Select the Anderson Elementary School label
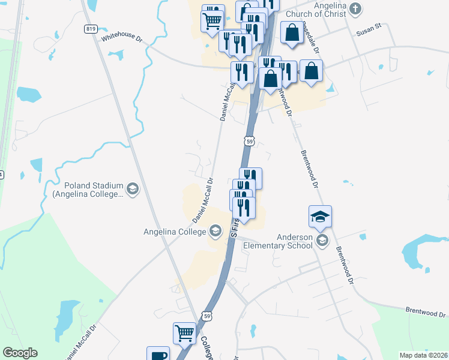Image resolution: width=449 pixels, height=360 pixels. pyautogui.click(x=295, y=241)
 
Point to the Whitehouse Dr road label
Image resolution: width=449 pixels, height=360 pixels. pyautogui.click(x=122, y=38)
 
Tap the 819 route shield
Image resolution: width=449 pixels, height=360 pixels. pyautogui.click(x=91, y=29)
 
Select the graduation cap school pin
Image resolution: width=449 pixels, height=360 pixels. pyautogui.click(x=321, y=217)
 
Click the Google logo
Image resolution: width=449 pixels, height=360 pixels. pyautogui.click(x=20, y=353)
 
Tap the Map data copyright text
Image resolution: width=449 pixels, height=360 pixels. pyautogui.click(x=424, y=355)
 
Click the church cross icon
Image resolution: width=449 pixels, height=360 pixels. pyautogui.click(x=356, y=9)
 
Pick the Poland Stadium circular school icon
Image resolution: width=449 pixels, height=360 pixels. pyautogui.click(x=133, y=190)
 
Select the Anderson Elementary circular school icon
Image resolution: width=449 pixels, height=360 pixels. pyautogui.click(x=322, y=241)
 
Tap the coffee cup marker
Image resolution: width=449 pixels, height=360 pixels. pyautogui.click(x=158, y=355)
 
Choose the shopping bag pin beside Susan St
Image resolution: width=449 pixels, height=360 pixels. pyautogui.click(x=292, y=34)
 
